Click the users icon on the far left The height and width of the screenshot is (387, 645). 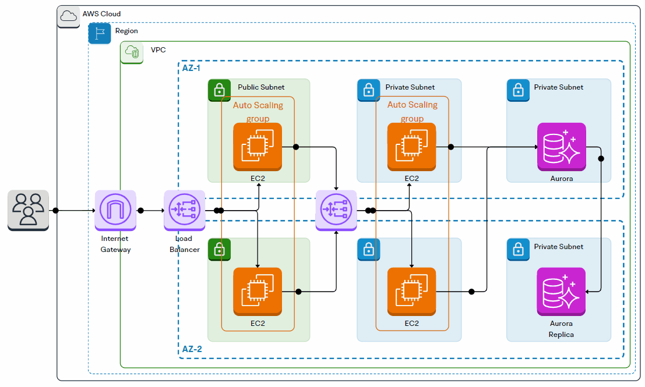(28, 210)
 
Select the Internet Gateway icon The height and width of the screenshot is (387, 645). (115, 210)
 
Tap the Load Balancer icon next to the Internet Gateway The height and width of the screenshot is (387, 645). (185, 210)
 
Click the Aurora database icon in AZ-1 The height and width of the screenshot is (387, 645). (561, 147)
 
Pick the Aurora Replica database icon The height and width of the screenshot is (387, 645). (561, 292)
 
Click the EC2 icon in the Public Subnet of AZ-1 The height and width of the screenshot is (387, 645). (257, 147)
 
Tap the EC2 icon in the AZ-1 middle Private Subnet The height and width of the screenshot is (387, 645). (411, 147)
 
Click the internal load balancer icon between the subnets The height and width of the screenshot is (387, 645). (336, 210)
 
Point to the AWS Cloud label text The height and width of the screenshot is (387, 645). (101, 13)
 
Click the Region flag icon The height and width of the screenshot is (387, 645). (99, 34)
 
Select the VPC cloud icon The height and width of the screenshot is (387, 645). (132, 53)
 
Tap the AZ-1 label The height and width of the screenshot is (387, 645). (191, 68)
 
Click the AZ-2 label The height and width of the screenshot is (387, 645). (191, 349)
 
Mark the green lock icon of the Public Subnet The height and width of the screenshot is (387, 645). (219, 90)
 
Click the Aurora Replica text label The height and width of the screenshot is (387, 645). (561, 329)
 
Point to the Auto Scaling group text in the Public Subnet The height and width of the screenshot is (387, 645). (258, 112)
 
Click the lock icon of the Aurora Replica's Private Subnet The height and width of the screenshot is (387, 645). (517, 250)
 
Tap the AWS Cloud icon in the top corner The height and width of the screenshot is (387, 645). (69, 16)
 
